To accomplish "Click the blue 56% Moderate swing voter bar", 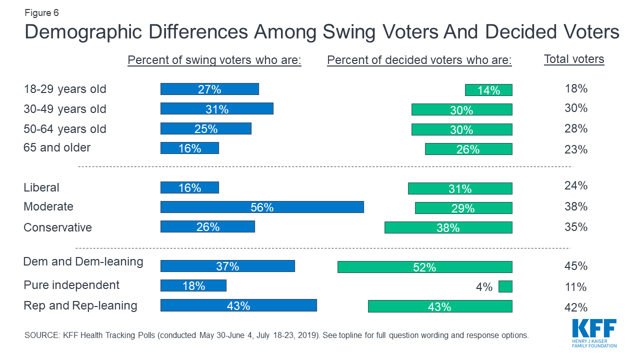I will click(262, 207).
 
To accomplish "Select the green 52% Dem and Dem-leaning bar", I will click(424, 267).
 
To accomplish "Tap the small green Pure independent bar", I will click(505, 286).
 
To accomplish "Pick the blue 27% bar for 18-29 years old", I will click(209, 89).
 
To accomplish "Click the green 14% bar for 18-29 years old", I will click(488, 90).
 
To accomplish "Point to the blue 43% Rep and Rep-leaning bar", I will click(238, 305).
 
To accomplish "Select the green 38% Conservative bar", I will click(448, 227).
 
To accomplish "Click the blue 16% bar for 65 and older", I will click(189, 148).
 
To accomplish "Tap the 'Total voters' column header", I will click(574, 59).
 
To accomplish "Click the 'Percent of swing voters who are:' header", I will click(214, 60).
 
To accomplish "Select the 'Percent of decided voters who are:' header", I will click(419, 60).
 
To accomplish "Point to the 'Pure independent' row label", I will click(71, 285).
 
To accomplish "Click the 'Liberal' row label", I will click(41, 187).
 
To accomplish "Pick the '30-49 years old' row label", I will click(65, 109).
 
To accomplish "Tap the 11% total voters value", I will click(575, 287).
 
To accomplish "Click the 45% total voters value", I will click(575, 266).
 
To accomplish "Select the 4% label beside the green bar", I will click(484, 287).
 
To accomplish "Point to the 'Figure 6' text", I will click(41, 12).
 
